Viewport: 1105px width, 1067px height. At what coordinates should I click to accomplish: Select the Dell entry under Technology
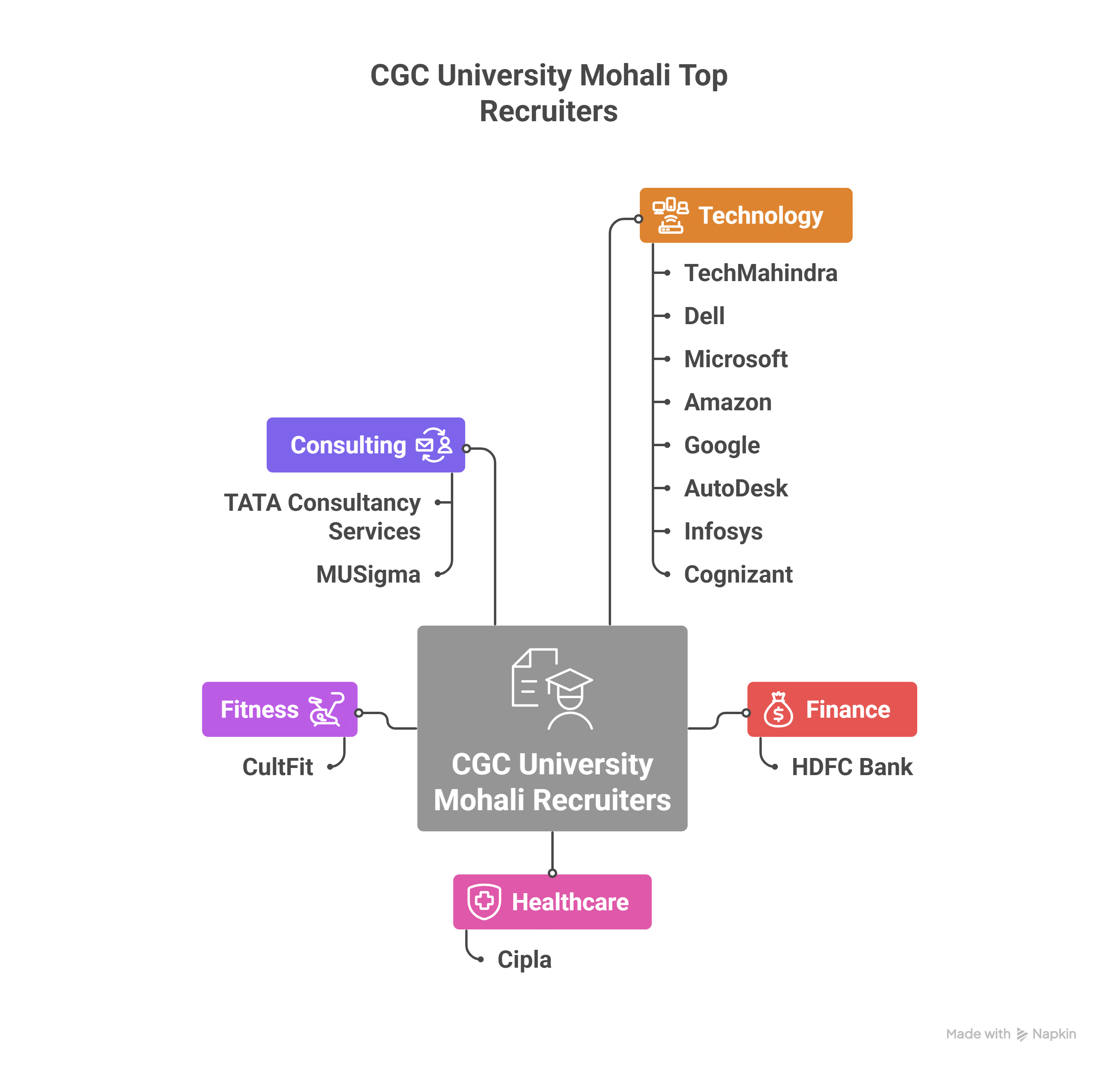(704, 316)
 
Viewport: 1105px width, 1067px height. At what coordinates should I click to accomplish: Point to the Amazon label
(727, 402)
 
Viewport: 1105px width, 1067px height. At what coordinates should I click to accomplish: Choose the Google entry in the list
(722, 445)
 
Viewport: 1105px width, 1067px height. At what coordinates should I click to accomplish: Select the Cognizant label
(737, 574)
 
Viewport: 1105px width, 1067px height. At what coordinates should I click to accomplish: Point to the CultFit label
(277, 767)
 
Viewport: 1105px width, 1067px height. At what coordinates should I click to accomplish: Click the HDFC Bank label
(851, 767)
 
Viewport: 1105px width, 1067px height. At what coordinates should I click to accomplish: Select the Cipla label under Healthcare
(524, 959)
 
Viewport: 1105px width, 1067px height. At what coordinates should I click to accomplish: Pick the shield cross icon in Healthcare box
(484, 901)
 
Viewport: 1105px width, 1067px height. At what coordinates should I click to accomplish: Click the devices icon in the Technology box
(670, 215)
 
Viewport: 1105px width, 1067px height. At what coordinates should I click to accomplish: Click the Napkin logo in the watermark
(1022, 1034)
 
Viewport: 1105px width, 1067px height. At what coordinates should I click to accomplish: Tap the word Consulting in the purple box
(348, 445)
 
